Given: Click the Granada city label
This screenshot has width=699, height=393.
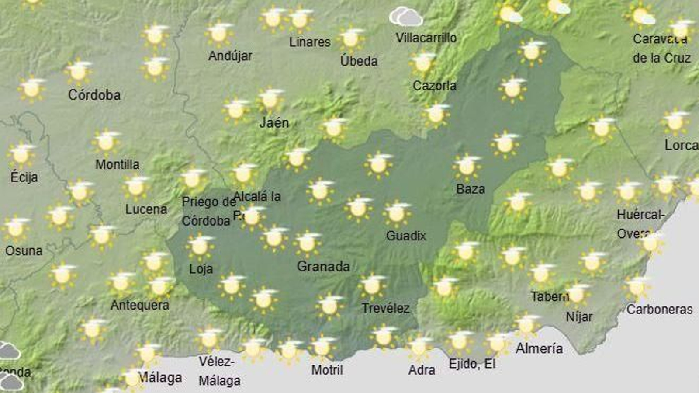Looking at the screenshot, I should point(323,266).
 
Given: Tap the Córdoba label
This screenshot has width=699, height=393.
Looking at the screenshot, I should point(94,95).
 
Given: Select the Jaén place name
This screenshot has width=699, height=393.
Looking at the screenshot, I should point(274,123).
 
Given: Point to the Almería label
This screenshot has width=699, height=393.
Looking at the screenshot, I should point(539,348).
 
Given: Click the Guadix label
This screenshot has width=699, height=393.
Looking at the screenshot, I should point(406,236).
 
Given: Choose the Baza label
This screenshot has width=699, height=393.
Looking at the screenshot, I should point(470,189).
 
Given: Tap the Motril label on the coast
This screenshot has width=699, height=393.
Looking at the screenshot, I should point(327,370).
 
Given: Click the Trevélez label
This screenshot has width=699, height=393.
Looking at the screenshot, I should point(385,308).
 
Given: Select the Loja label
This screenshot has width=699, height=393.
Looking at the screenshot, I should point(201,269).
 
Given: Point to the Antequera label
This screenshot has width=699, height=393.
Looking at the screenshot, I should point(139,305).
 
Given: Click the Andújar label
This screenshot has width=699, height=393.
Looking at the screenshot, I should point(230,56).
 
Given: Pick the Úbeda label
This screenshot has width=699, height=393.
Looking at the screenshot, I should point(359,61).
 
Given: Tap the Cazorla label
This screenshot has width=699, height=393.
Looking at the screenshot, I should point(434,86).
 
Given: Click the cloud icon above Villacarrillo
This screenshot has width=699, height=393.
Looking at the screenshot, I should point(406,17).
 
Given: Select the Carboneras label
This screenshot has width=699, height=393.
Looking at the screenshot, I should point(659,310).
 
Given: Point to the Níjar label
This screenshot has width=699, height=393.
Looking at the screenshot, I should point(579,316).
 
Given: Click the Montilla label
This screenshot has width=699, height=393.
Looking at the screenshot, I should point(117,165).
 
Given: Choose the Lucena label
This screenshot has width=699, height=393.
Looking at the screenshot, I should point(146,209).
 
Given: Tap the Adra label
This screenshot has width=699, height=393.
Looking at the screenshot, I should point(421,370).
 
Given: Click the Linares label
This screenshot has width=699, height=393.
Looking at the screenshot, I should point(310,42).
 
